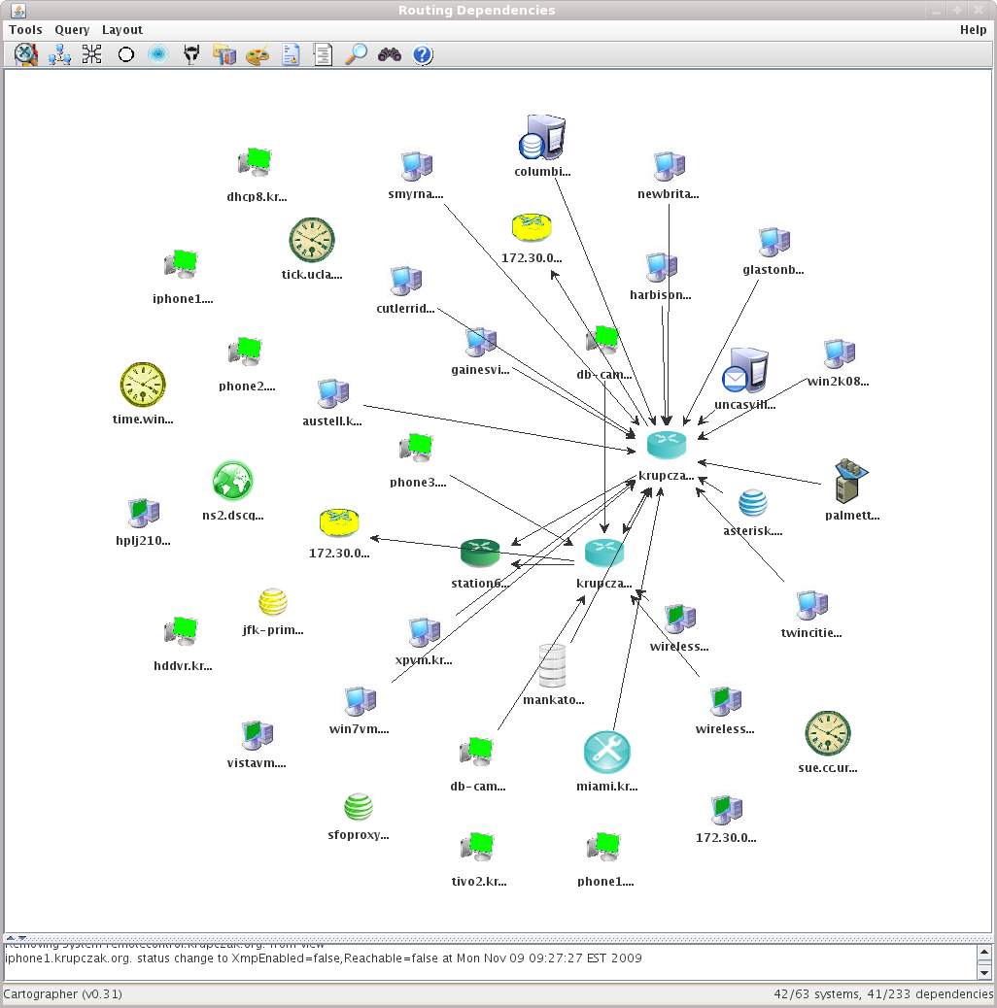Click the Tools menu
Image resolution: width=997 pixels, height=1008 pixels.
25,30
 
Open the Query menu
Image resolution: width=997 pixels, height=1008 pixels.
72,30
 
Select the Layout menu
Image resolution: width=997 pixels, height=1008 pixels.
122,30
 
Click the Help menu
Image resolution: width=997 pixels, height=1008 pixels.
973,30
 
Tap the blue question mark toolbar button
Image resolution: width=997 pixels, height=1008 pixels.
422,54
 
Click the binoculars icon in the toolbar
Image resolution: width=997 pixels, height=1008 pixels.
390,54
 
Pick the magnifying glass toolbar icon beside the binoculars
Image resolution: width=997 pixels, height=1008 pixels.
357,54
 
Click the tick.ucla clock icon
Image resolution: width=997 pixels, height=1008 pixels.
312,240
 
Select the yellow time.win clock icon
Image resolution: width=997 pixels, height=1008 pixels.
143,385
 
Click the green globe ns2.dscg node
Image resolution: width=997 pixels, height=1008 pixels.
232,481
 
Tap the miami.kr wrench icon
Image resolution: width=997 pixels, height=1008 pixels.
607,753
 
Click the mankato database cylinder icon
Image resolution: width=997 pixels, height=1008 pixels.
552,665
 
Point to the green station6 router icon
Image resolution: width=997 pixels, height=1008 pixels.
479,553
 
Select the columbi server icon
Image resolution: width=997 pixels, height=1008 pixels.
541,138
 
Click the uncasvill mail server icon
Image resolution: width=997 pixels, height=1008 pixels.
745,370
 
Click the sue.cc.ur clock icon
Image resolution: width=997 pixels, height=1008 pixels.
828,733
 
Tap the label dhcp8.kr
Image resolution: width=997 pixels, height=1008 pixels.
258,197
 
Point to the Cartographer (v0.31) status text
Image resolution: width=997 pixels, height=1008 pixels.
63,994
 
